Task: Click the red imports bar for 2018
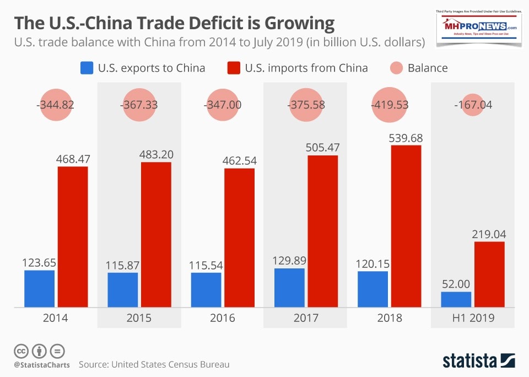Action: pos(406,226)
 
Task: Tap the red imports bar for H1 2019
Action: pos(489,274)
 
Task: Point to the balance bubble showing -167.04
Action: pos(473,105)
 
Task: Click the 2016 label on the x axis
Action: pos(223,318)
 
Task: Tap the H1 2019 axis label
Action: pos(473,318)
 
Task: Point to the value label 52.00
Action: pos(456,284)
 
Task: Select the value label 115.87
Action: pos(123,265)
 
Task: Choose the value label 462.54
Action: pos(240,160)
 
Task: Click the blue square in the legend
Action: pos(87,68)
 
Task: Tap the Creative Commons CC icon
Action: pos(21,351)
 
